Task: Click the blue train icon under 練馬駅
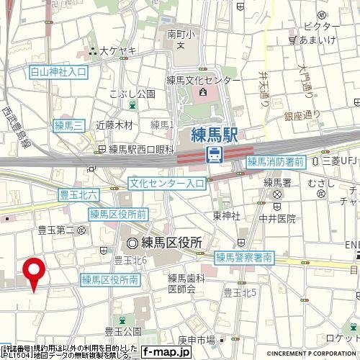(214, 153)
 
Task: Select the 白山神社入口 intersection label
(58, 73)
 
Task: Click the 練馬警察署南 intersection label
(245, 256)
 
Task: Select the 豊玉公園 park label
(122, 331)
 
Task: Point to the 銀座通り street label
(301, 114)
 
